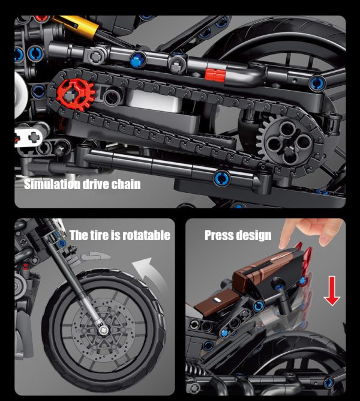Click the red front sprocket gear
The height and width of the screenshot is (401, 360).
[76, 94]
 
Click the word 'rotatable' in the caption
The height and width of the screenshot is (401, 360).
[146, 235]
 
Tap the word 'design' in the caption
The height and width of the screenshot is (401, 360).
[254, 235]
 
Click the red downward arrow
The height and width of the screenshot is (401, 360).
[332, 291]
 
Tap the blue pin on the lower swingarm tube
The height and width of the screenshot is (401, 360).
[221, 178]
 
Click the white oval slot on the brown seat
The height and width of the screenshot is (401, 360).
[217, 300]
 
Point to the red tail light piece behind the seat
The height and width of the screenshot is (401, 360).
[304, 266]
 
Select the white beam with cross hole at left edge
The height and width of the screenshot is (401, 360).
[28, 137]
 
